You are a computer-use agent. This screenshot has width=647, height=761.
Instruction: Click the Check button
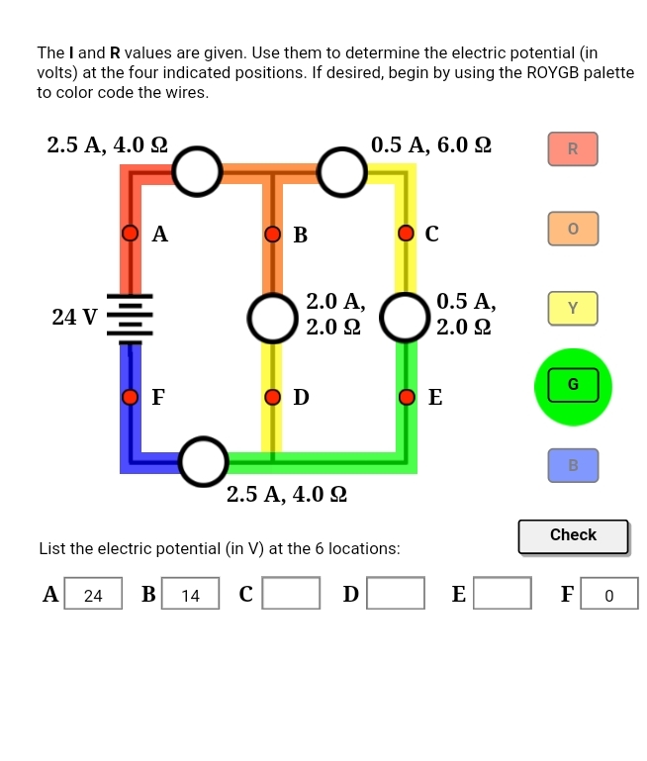[573, 535]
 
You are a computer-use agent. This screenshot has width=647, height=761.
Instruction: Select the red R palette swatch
[573, 149]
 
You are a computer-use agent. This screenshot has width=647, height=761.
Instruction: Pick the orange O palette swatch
[573, 229]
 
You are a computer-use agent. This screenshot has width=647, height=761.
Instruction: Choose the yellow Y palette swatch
[573, 308]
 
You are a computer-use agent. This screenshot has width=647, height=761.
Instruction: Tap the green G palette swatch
[573, 386]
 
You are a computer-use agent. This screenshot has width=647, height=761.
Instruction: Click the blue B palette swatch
[573, 465]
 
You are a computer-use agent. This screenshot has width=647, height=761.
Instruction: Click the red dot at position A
[130, 234]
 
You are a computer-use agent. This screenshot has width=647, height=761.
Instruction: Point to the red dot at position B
[273, 235]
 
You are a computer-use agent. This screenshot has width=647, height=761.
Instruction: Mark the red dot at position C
[406, 234]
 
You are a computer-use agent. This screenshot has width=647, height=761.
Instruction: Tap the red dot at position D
[273, 397]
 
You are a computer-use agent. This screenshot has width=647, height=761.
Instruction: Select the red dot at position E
[406, 397]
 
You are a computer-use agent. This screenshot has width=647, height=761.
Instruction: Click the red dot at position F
[130, 397]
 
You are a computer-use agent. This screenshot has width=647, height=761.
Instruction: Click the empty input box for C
[291, 594]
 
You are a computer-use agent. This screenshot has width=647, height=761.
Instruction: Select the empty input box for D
[396, 594]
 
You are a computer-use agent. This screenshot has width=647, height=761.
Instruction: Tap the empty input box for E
[502, 594]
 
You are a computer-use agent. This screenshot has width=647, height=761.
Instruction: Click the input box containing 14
[191, 594]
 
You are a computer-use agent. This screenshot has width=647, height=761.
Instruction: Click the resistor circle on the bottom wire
[204, 462]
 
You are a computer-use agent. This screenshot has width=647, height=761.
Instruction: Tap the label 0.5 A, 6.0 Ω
[430, 145]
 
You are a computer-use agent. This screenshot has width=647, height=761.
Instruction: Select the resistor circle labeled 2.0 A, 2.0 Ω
[272, 317]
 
